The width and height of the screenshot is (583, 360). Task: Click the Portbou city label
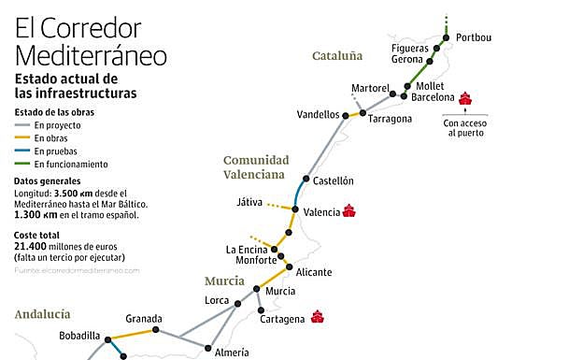pos(474,37)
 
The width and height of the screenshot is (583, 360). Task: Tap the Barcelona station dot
pos(404,96)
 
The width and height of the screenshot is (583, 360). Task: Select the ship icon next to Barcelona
pos(465,97)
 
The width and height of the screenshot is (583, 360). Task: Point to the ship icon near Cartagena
pos(318,317)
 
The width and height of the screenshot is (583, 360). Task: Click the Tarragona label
pos(390,119)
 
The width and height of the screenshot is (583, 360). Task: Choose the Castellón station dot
pos(306,180)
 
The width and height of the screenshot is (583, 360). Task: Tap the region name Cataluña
pos(337,57)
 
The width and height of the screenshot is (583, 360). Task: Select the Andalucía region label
pos(42,314)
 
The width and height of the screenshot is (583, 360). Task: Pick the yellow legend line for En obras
pos(21,137)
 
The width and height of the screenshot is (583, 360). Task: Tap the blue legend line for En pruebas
pos(21,151)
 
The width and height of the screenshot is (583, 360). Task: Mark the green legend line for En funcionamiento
pos(21,164)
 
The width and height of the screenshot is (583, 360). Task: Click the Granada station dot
pos(156,330)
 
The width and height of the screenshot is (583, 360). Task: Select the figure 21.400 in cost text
pos(33,245)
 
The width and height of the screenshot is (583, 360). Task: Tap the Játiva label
pos(250,202)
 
